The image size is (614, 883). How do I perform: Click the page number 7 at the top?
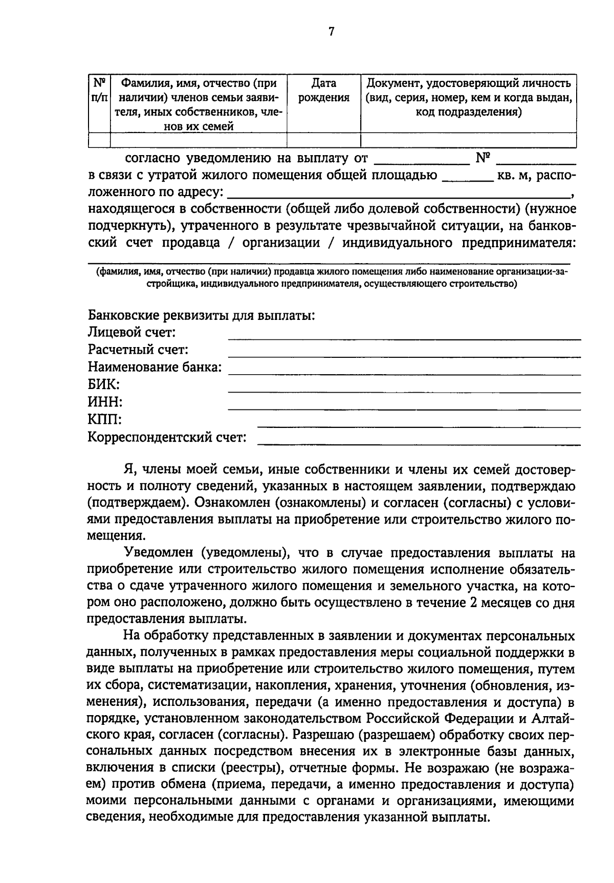tap(331, 32)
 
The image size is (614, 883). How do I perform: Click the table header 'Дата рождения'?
tap(324, 90)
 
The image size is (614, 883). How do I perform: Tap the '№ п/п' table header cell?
tap(99, 90)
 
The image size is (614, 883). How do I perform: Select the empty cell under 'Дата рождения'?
tap(324, 140)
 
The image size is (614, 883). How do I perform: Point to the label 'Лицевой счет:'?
tap(132, 333)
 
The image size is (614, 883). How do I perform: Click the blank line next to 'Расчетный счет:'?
tap(404, 355)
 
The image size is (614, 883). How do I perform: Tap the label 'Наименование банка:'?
tap(155, 368)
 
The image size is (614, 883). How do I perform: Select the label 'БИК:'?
tap(104, 385)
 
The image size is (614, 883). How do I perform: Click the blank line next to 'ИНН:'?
tap(404, 408)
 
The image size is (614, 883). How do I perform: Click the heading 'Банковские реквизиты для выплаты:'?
tap(201, 315)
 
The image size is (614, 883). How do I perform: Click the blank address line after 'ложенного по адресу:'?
tap(399, 196)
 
